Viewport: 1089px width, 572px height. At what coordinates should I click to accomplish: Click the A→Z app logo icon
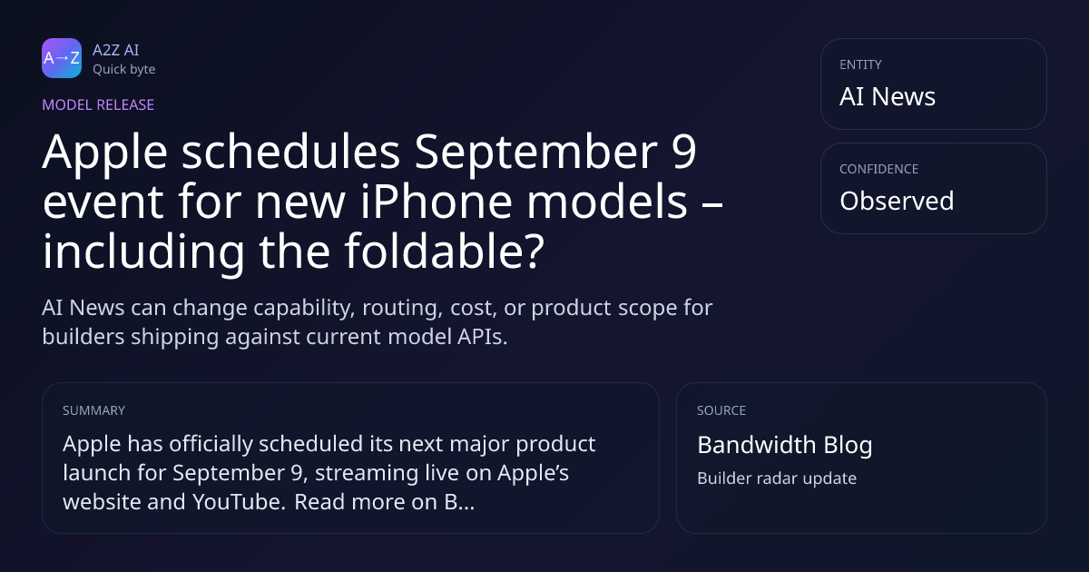(x=62, y=58)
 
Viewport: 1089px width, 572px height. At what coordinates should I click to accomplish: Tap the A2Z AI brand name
(x=116, y=50)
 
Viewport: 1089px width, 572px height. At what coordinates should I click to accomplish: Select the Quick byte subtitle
(x=124, y=70)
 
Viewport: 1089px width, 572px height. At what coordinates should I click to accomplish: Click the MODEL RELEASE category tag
(x=98, y=104)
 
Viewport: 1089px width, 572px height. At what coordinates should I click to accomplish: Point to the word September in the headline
(x=535, y=153)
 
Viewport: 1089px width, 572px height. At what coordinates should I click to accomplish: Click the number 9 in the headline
(x=684, y=152)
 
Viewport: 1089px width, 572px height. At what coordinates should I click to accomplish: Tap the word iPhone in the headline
(x=437, y=201)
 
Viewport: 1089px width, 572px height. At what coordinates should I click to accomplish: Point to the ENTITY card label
(x=860, y=64)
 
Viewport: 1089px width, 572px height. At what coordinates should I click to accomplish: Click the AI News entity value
(x=888, y=96)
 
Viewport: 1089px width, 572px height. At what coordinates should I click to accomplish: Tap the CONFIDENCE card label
(x=879, y=169)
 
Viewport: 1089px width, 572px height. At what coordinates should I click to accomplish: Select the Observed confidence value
(x=897, y=201)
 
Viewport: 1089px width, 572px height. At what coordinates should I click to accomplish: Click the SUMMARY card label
(x=93, y=410)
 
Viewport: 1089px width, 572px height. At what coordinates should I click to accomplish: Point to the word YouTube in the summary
(x=239, y=502)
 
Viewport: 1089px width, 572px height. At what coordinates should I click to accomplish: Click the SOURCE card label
(x=721, y=410)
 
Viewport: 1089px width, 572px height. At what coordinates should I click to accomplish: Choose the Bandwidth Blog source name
(x=785, y=445)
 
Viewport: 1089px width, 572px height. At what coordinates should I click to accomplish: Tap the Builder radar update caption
(x=777, y=478)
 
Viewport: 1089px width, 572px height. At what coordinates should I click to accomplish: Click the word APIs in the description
(x=482, y=337)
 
